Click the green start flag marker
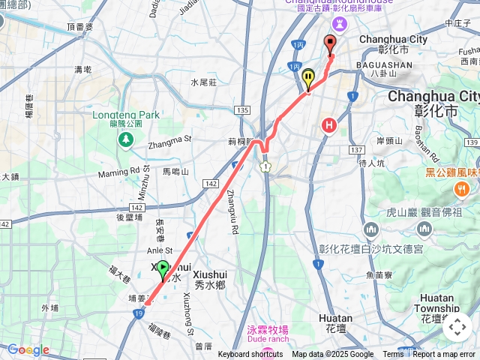(163, 268)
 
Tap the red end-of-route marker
(330, 44)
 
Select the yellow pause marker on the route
(307, 78)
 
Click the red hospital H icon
(328, 125)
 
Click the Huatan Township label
(436, 303)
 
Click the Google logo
(28, 349)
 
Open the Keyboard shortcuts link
(250, 355)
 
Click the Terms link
(393, 355)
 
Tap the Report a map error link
(445, 355)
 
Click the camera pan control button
(457, 327)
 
